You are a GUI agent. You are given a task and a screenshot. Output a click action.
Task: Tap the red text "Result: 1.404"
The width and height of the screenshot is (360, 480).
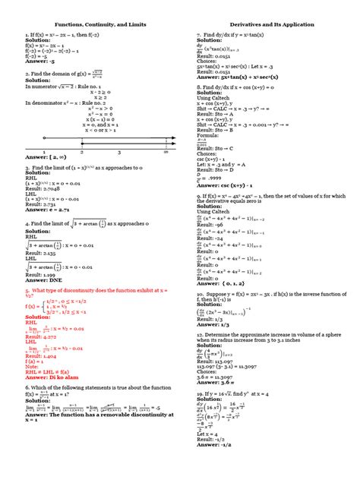(42, 355)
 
